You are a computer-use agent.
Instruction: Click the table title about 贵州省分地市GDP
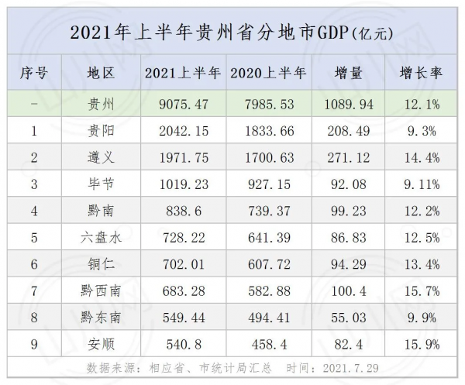coord(232,33)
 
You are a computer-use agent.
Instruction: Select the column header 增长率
coord(421,74)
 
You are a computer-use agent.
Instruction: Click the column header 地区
coord(102,74)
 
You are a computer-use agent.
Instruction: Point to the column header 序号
coord(34,74)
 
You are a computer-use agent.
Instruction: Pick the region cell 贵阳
coord(102,131)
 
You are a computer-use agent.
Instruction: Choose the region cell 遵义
coord(102,158)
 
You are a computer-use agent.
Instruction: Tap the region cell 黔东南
coord(102,316)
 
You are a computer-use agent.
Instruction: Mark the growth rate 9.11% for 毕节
coord(421,184)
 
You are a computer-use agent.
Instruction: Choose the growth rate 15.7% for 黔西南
coord(421,290)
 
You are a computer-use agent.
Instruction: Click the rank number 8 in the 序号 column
coord(34,316)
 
